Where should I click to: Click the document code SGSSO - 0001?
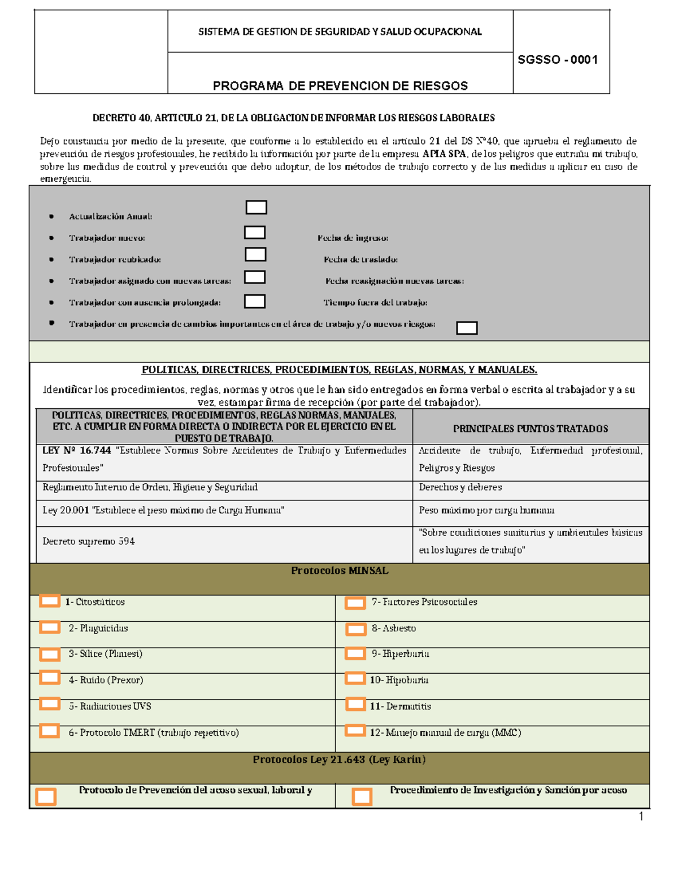[x=558, y=60]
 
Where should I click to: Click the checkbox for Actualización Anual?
[x=256, y=207]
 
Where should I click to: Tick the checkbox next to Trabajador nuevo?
[x=254, y=232]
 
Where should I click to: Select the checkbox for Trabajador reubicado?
[x=255, y=254]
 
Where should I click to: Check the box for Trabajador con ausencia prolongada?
[x=254, y=301]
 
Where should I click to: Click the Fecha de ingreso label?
[x=353, y=238]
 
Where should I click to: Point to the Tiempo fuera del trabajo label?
[x=375, y=303]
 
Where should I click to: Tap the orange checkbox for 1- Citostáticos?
[x=50, y=601]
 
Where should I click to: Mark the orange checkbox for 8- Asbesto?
[x=356, y=629]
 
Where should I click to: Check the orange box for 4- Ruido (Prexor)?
[x=50, y=677]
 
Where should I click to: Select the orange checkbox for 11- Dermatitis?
[x=355, y=704]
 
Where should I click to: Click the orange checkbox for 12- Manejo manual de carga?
[x=355, y=731]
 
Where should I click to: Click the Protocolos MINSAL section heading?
[x=340, y=571]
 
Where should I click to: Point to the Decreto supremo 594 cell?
[x=89, y=541]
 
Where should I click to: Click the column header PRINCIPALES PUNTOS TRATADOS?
[x=530, y=429]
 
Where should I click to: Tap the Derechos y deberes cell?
[x=460, y=487]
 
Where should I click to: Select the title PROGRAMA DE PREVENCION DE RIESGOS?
[x=340, y=86]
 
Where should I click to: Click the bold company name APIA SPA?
[x=444, y=154]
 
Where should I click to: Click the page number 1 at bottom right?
[x=641, y=816]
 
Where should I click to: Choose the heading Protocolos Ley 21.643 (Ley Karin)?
[x=339, y=760]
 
